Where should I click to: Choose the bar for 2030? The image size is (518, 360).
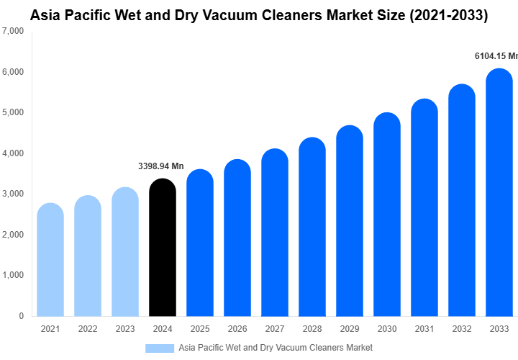coord(387,215)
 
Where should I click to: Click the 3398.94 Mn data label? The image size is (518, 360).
coord(161,166)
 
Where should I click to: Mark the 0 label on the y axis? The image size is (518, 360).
coord(21,316)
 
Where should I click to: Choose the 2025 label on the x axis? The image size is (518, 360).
coord(200,329)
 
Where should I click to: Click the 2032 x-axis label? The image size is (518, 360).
coord(462,329)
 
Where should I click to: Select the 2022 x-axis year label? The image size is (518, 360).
coord(88,329)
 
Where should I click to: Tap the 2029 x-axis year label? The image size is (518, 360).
coord(350,329)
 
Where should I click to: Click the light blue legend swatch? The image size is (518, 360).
coord(160,348)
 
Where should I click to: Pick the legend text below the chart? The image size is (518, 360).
coord(276,348)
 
